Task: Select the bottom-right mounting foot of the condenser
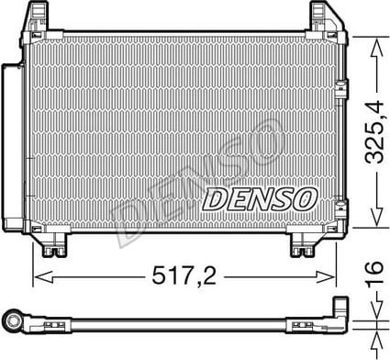[x=305, y=248]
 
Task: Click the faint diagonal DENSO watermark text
[x=184, y=184]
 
